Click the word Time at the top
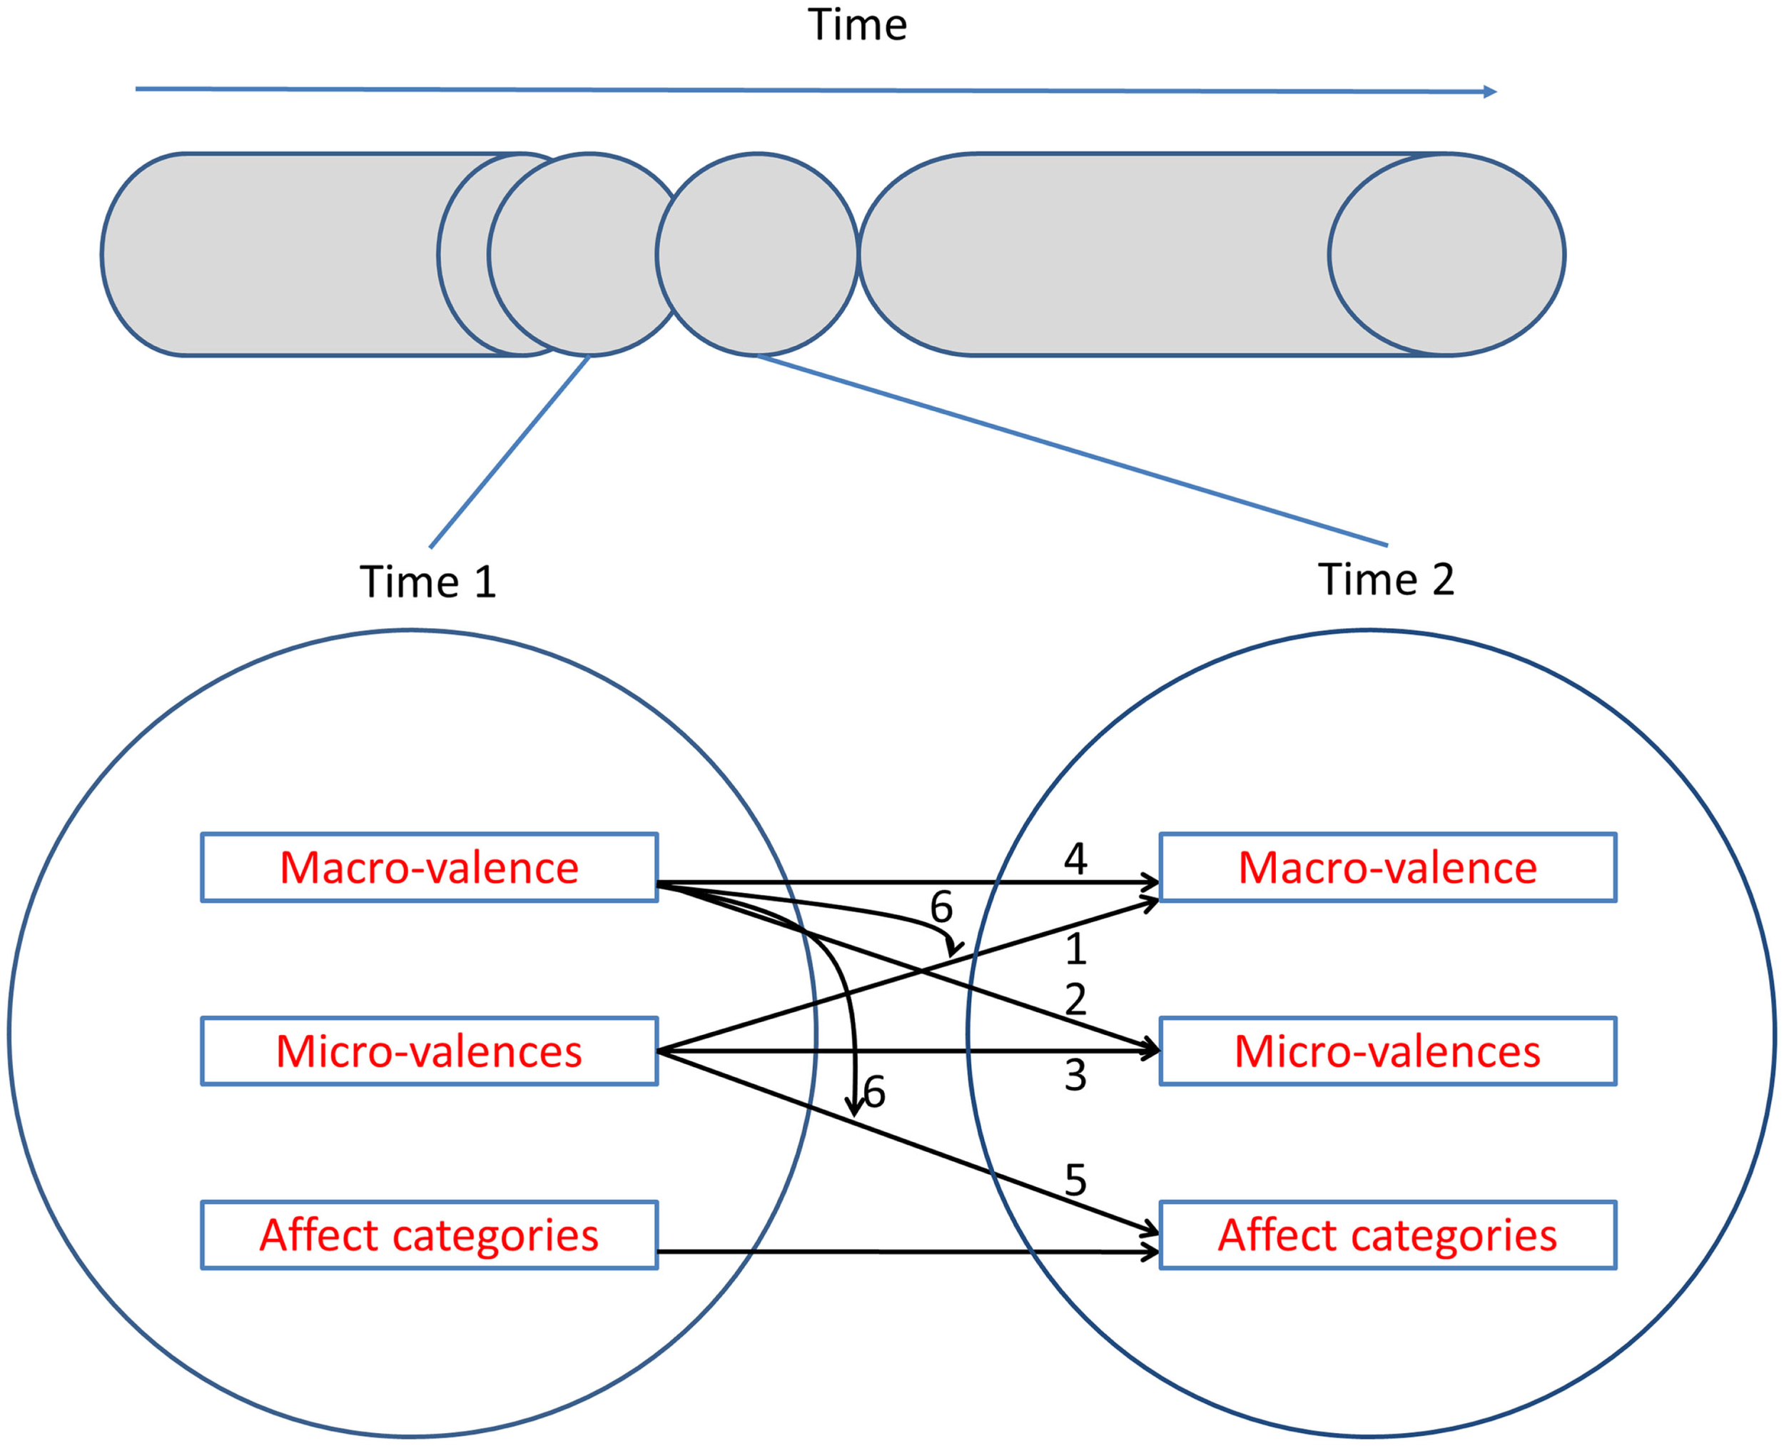tap(857, 25)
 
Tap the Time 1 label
tap(427, 582)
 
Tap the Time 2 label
tap(1386, 579)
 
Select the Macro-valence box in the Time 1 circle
tap(429, 867)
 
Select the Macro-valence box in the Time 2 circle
tap(1387, 867)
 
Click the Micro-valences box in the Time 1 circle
tap(429, 1051)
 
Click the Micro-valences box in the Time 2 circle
tap(1387, 1051)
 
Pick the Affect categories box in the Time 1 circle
tap(429, 1235)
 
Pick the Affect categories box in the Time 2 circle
tap(1387, 1235)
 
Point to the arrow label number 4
tap(1075, 859)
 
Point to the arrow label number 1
tap(1075, 949)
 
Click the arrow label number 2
tap(1075, 999)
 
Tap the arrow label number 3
tap(1075, 1076)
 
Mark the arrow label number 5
tap(1075, 1180)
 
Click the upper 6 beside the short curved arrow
tap(941, 907)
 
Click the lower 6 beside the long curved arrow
tap(873, 1092)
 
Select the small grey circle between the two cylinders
tap(756, 254)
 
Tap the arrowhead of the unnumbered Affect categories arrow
tap(1151, 1252)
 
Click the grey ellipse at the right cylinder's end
tap(1446, 254)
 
